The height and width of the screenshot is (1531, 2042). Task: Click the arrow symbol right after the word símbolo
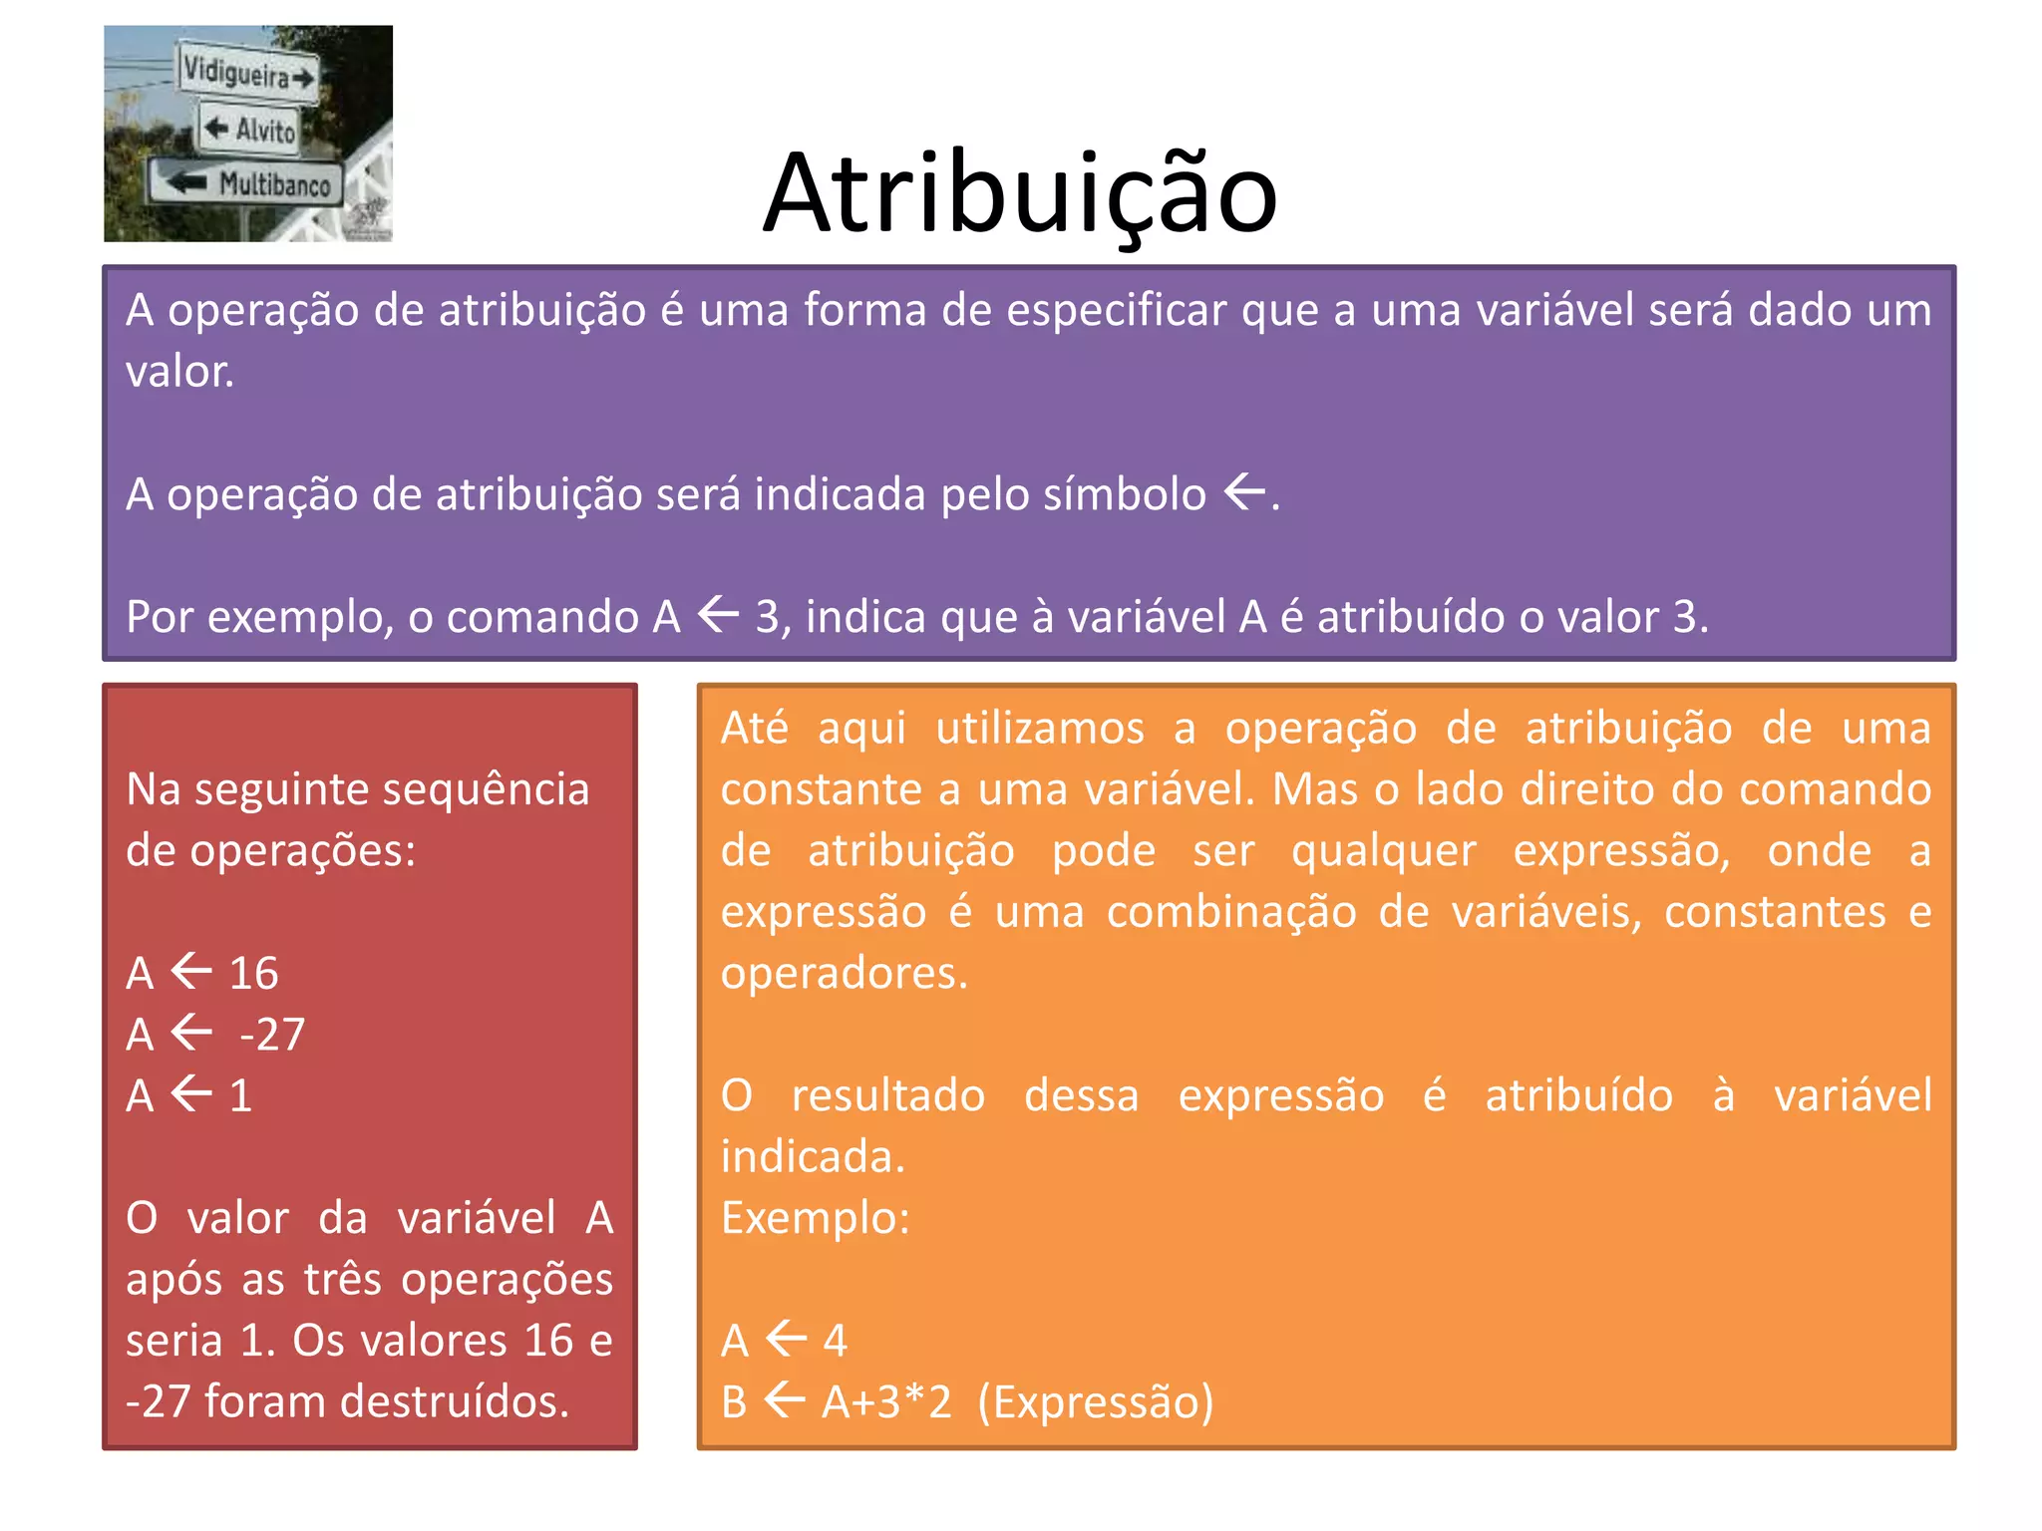(1244, 491)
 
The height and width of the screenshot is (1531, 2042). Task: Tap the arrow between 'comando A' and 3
(718, 614)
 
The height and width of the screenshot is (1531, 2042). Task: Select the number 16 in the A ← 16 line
(253, 973)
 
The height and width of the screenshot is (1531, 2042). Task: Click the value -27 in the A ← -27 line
(272, 1035)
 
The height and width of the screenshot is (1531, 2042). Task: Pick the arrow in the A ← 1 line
(191, 1094)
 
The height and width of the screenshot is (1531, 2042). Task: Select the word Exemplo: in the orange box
(816, 1218)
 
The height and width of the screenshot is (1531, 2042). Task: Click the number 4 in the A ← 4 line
(835, 1341)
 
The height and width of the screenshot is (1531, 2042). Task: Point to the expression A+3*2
(886, 1401)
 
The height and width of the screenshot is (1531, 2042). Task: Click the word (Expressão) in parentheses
(1096, 1401)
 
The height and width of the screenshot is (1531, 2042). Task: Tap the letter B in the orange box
(735, 1401)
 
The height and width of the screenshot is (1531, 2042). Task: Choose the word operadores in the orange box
(844, 973)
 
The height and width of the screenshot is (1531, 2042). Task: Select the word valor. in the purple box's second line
(180, 372)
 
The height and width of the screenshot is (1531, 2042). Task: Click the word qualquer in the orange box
(1383, 851)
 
